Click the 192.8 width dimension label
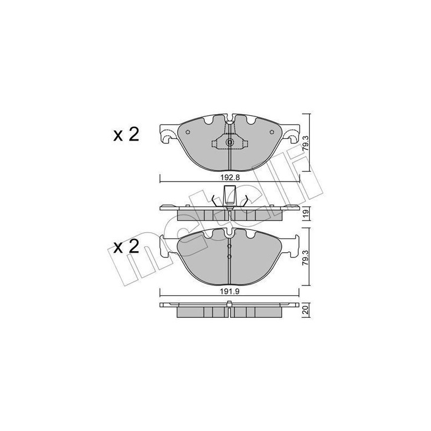(x=230, y=178)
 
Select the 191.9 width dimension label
(x=230, y=291)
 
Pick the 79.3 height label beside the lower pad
(x=306, y=258)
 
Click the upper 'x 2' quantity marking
(x=126, y=135)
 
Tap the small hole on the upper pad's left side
(x=187, y=132)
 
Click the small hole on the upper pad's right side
(x=272, y=132)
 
